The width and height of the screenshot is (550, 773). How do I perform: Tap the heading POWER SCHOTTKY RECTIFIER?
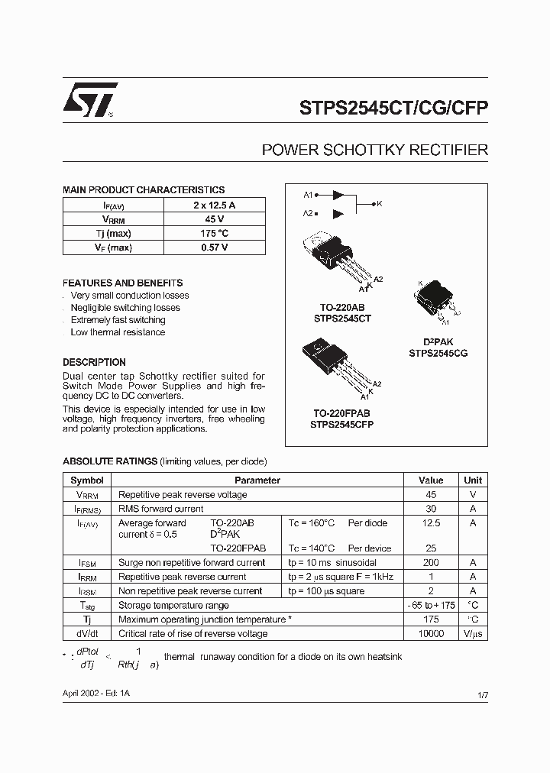(374, 150)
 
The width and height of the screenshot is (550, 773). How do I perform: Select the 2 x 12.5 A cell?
(214, 205)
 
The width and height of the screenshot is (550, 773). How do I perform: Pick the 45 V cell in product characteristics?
(214, 219)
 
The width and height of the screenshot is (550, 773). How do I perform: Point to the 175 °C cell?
(214, 233)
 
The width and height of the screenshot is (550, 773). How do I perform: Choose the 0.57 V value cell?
(214, 247)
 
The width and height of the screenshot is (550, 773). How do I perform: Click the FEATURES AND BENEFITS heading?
(122, 283)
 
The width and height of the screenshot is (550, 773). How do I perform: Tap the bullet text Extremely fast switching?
(118, 320)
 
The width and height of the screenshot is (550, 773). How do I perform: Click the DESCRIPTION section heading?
(94, 363)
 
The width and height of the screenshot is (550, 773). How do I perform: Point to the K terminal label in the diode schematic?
(380, 204)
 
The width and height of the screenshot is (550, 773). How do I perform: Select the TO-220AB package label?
(341, 307)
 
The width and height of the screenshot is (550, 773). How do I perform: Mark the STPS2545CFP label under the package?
(342, 424)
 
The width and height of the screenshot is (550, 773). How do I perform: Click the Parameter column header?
(257, 480)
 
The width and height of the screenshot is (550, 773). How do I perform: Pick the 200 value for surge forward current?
(431, 562)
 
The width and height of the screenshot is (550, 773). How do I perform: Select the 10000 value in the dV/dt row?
(431, 634)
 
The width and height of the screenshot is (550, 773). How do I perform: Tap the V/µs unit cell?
(473, 634)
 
